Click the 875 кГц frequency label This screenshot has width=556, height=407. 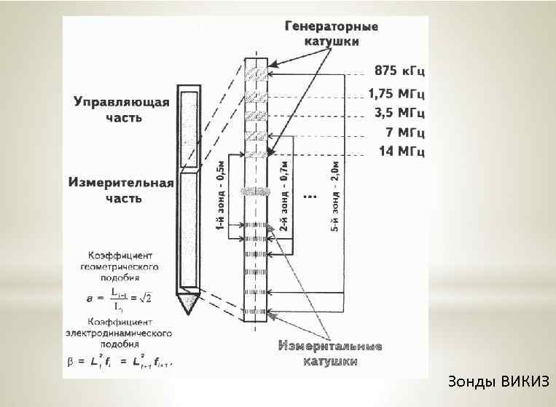click(x=401, y=71)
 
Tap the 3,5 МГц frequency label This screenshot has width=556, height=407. click(x=400, y=113)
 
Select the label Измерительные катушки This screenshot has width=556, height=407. click(x=330, y=352)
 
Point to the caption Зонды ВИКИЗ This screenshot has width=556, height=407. click(x=500, y=382)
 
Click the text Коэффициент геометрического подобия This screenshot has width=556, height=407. click(x=121, y=266)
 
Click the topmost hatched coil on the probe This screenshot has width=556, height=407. click(x=257, y=75)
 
